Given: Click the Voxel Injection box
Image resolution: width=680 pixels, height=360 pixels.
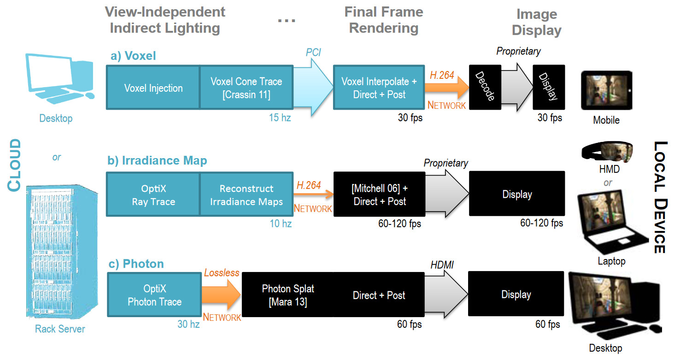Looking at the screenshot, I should pyautogui.click(x=153, y=88).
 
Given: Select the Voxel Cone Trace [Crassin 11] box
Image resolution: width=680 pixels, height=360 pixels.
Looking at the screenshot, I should pyautogui.click(x=246, y=88).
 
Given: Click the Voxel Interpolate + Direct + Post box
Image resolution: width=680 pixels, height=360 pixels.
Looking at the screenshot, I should pyautogui.click(x=379, y=88).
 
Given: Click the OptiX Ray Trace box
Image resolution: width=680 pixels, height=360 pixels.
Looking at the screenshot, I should pyautogui.click(x=153, y=195).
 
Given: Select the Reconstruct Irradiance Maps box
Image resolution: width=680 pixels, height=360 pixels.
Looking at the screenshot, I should pyautogui.click(x=246, y=195).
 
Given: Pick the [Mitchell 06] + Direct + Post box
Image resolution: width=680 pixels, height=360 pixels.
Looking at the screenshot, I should pyautogui.click(x=379, y=195).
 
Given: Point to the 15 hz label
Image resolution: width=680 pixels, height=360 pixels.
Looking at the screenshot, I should pyautogui.click(x=280, y=118).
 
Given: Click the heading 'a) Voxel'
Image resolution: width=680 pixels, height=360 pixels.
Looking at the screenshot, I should pyautogui.click(x=133, y=56).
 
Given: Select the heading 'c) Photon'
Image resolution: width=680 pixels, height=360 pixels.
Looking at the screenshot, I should pyautogui.click(x=137, y=264).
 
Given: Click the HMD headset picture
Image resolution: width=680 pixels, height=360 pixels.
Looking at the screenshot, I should pyautogui.click(x=607, y=151).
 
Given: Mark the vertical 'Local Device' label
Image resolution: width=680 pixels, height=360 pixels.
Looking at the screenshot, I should pyautogui.click(x=660, y=197).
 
